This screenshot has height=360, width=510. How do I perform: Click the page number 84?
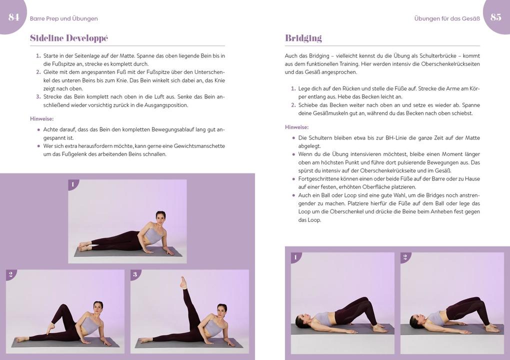pyautogui.click(x=13, y=17)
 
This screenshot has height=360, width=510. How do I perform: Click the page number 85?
pyautogui.click(x=495, y=17)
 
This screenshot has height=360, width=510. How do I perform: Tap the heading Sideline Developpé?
pyautogui.click(x=68, y=38)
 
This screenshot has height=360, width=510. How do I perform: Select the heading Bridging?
pyautogui.click(x=303, y=38)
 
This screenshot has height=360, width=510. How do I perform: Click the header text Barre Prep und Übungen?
pyautogui.click(x=63, y=18)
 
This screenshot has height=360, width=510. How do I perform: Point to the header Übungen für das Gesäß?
pyautogui.click(x=446, y=18)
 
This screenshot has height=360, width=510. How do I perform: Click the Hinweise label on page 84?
pyautogui.click(x=41, y=118)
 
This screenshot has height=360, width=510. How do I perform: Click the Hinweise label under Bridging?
pyautogui.click(x=296, y=127)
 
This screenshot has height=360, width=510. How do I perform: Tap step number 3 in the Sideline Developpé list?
pyautogui.click(x=38, y=96)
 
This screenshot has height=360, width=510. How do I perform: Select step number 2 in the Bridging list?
pyautogui.click(x=293, y=105)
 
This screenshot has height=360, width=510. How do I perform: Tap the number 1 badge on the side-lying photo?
pyautogui.click(x=72, y=184)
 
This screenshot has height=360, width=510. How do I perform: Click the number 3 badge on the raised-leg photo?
pyautogui.click(x=134, y=274)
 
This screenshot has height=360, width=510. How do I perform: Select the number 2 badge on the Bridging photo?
pyautogui.click(x=404, y=257)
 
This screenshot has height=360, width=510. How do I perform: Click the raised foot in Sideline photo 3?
pyautogui.click(x=183, y=281)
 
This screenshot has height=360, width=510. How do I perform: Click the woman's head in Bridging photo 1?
pyautogui.click(x=300, y=320)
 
